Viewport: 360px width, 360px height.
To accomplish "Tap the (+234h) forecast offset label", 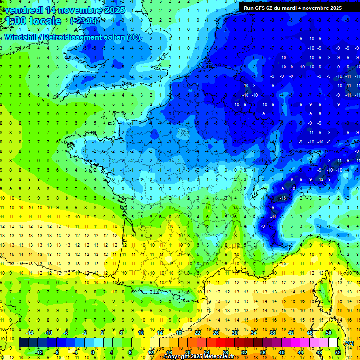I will pos(83,21).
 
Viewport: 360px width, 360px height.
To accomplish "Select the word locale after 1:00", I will pos(45,21).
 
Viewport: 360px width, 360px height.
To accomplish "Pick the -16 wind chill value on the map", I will pos(283,199).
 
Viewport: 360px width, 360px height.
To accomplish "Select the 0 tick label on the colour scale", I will pos(92,352).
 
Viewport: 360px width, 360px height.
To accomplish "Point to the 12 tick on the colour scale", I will pos(150,352).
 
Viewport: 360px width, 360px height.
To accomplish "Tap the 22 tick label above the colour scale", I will pos(197,333).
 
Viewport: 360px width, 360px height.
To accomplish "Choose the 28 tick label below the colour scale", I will pos(225,352).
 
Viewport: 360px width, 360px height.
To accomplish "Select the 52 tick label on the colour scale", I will pos(338,352).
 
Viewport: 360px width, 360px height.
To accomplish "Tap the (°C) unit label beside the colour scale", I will pos(349,343).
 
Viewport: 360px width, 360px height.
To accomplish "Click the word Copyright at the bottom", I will pos(177,357).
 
